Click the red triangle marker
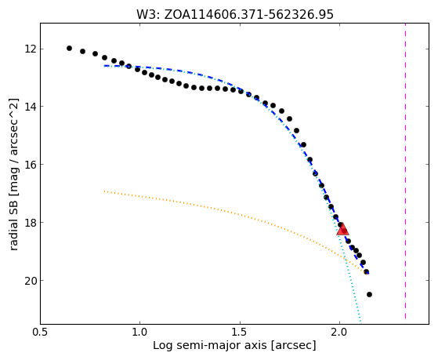(342, 229)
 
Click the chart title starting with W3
(234, 14)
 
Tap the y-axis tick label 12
(31, 49)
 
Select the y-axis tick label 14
(31, 107)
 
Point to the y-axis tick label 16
(31, 165)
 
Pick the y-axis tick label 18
(31, 223)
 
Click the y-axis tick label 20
(31, 281)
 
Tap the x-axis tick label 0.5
(40, 332)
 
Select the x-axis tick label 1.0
(139, 332)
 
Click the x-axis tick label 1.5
(240, 332)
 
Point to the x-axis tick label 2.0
(339, 332)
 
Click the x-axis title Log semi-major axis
(210, 346)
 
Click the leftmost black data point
(69, 48)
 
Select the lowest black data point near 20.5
(369, 294)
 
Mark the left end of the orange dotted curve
(104, 191)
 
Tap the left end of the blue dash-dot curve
(104, 66)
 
